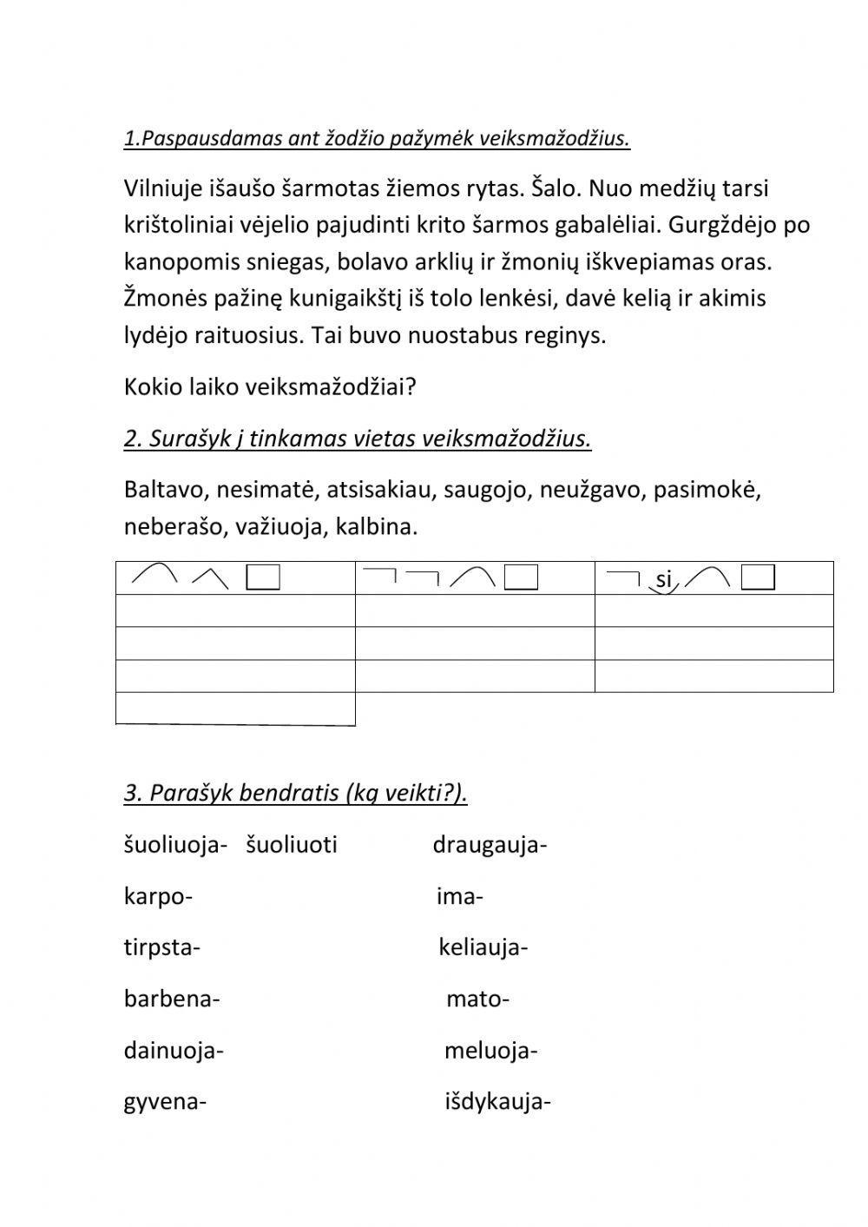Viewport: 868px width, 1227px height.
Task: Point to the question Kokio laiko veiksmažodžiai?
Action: pos(270,387)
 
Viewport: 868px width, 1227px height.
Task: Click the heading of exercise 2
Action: pos(357,439)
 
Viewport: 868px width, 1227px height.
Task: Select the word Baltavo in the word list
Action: pos(165,491)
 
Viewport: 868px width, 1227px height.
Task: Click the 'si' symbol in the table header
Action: pos(664,579)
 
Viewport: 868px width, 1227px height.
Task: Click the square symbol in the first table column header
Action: pos(263,577)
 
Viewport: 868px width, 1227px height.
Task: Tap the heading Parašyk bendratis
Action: pos(295,793)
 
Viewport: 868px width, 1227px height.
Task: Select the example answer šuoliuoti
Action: pos(292,845)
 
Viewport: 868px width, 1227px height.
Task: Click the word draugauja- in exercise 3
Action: pos(490,845)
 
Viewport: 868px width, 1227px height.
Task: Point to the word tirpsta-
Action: pos(162,947)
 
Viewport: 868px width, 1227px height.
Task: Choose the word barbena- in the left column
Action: pos(172,999)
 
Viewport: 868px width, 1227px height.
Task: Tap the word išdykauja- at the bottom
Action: pos(498,1103)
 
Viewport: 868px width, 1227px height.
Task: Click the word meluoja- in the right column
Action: pos(490,1052)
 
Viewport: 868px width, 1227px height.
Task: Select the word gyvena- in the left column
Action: pos(165,1103)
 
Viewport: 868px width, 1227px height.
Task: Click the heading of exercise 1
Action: pos(377,139)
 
